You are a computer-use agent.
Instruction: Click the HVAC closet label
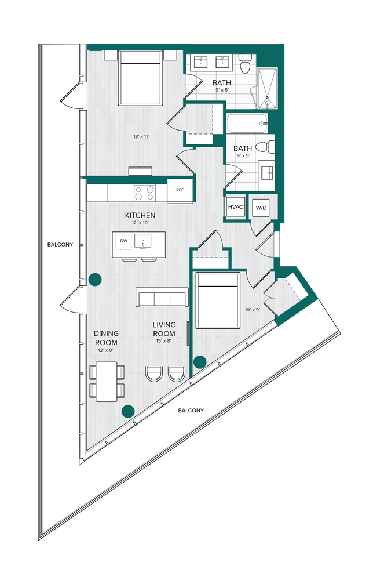coord(235,207)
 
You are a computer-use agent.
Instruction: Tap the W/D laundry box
coord(261,208)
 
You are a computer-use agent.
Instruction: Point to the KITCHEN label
coord(140,215)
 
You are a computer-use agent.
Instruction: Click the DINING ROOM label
coord(106,338)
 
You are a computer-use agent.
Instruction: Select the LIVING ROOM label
coord(164,329)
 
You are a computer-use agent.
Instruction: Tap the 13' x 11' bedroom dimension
coord(141,137)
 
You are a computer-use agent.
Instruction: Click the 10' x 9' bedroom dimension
coord(253,310)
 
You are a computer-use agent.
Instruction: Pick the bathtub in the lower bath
coord(247,124)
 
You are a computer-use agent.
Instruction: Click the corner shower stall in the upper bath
coord(267,88)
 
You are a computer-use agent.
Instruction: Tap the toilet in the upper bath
coord(245,64)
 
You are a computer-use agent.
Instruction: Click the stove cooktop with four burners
coord(145,192)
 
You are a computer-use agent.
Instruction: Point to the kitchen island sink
coord(142,240)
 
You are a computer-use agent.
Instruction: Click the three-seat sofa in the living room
coord(162,298)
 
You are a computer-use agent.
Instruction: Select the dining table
coord(106,381)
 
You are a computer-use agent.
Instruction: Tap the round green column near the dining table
coord(128,411)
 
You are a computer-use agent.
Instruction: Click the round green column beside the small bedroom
coord(200,362)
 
